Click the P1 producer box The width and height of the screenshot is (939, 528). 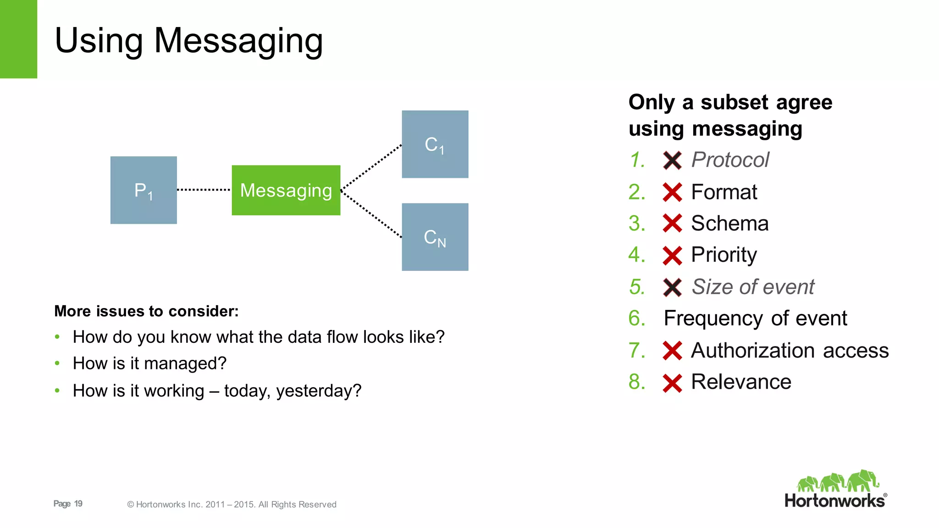pos(144,190)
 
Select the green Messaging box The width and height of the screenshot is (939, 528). pos(286,190)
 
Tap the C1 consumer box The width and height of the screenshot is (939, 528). pos(435,144)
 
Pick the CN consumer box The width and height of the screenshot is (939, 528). pos(435,237)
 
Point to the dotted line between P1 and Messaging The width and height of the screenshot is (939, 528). pos(204,189)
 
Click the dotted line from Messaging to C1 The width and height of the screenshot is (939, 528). pos(371,167)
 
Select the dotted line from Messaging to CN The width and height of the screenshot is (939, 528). pos(371,214)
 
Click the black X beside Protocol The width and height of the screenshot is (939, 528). pos(672,160)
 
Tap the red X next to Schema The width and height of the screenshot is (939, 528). pos(672,224)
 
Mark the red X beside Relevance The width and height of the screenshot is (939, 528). pos(672,383)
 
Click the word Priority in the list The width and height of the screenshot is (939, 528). pos(724,255)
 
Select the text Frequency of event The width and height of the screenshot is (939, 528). pos(755,318)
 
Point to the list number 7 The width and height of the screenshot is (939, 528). pos(636,350)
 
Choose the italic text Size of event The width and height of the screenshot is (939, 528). pos(752,287)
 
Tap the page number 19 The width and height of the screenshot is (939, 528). pos(78,504)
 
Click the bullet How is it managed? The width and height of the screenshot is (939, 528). pos(149,363)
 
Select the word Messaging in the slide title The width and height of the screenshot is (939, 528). pos(238,41)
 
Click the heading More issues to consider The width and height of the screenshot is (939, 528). pos(146,311)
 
